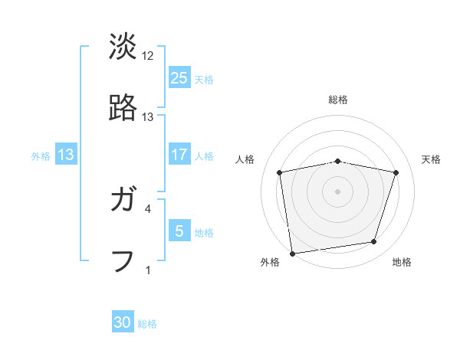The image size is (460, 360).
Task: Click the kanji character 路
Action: [x=123, y=108]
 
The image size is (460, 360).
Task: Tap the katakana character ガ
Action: [x=123, y=201]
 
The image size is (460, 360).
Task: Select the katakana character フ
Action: [x=123, y=260]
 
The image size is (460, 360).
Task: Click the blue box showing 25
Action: [x=179, y=77]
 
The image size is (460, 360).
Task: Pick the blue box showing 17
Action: [x=179, y=155]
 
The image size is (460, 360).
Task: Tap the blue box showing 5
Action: [x=179, y=231]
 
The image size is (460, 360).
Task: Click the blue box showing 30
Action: [x=123, y=322]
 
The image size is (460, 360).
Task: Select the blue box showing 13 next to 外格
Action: [x=66, y=155]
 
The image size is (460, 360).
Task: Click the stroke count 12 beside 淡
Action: [x=148, y=56]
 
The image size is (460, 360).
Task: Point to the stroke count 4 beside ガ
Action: [x=148, y=208]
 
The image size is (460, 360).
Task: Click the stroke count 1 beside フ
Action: [x=148, y=269]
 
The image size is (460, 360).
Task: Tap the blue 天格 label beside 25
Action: [x=204, y=79]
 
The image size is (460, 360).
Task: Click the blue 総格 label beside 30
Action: [x=147, y=324]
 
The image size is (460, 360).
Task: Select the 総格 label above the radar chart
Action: [x=337, y=100]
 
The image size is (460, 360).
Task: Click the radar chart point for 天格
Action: [x=396, y=173]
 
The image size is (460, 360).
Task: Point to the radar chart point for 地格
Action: [x=373, y=242]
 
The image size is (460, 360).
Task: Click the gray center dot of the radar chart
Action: [x=337, y=191]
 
